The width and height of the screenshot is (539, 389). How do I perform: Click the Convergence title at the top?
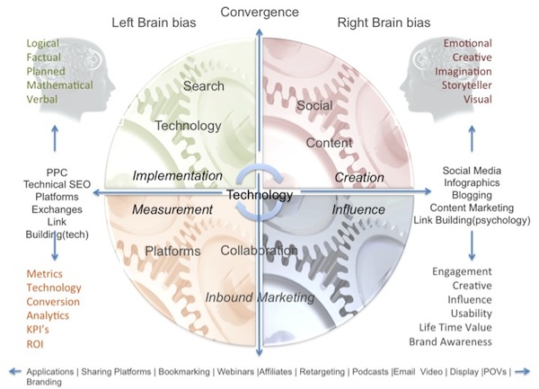(261, 13)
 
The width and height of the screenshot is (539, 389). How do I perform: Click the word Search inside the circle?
(203, 86)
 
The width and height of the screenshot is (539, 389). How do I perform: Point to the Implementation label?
(177, 176)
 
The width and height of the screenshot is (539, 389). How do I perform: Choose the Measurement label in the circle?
(172, 209)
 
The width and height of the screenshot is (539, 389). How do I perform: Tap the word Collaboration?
(259, 251)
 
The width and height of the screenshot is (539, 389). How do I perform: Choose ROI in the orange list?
(37, 342)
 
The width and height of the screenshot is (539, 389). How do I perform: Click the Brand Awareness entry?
(462, 341)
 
